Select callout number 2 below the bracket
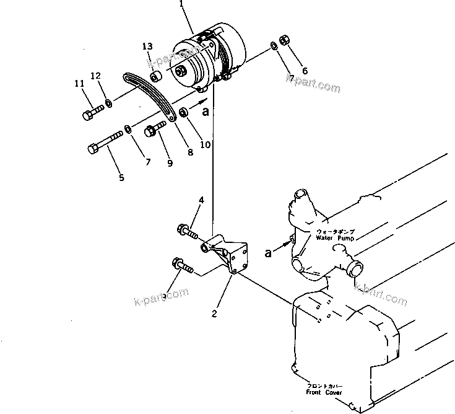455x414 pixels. [x=214, y=314]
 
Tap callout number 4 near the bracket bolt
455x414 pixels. [x=201, y=200]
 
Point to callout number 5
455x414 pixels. [x=121, y=177]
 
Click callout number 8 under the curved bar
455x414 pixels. [x=190, y=152]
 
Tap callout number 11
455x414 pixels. [x=79, y=84]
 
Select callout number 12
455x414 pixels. [x=95, y=76]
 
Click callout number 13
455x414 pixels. [x=146, y=47]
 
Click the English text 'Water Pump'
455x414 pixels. [x=335, y=237]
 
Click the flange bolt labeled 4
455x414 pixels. [x=187, y=231]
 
